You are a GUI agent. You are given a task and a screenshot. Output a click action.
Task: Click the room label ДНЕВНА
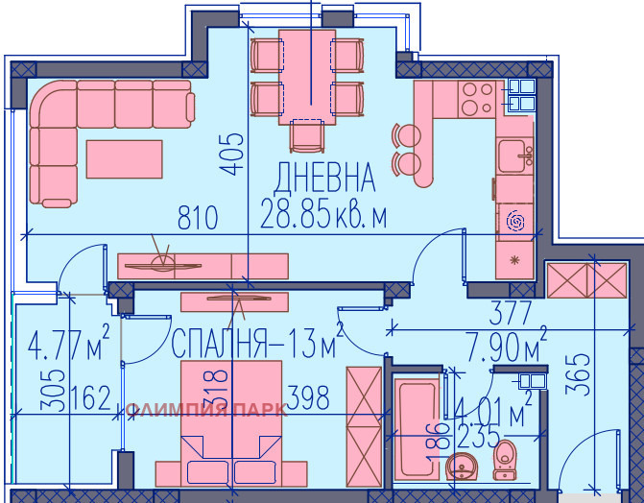pos(323,178)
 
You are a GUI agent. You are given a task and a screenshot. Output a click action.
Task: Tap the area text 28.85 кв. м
pos(323,216)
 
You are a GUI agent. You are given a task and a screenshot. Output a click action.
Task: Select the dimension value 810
pos(199,217)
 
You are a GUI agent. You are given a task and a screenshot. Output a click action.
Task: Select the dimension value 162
pos(91,396)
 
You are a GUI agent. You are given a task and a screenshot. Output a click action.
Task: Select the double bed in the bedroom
pos(230,422)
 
